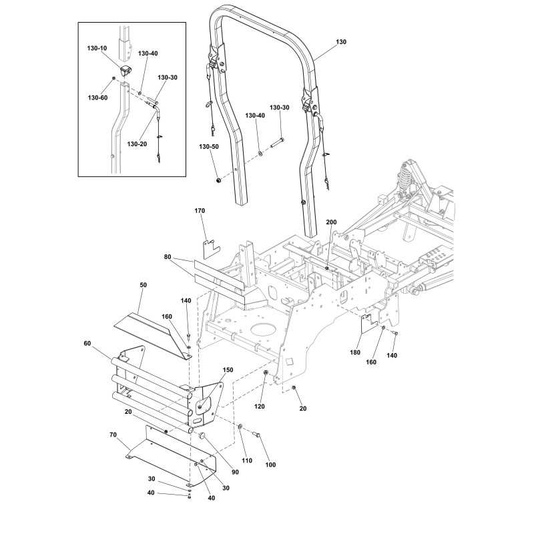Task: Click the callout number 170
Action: [200, 211]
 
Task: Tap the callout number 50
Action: [143, 285]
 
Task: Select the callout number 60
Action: [87, 343]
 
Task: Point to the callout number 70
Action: [113, 435]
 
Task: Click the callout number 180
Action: [355, 352]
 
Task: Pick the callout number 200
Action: [331, 222]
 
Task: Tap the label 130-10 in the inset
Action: [97, 48]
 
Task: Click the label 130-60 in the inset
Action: [97, 97]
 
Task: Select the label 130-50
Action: [209, 147]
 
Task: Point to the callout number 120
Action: [259, 407]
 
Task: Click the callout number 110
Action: [247, 461]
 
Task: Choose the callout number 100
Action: [270, 465]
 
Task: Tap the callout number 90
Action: [235, 472]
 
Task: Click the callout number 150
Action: [228, 370]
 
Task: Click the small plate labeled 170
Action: [211, 248]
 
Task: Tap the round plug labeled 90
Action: [202, 435]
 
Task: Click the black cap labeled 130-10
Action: [125, 71]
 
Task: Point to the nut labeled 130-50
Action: [219, 180]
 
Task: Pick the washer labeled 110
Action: [240, 426]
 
